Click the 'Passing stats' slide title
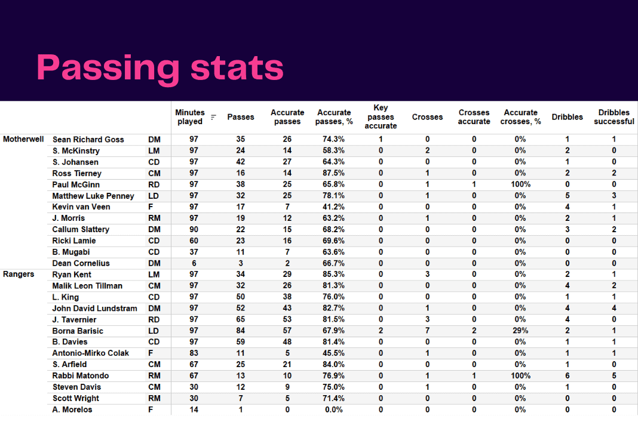click(160, 67)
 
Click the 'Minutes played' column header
click(189, 117)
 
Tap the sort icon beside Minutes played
click(213, 118)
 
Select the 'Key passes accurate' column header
click(381, 117)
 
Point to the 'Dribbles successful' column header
click(614, 117)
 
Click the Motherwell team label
click(23, 139)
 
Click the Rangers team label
click(19, 275)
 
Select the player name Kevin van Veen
click(81, 207)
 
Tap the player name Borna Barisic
click(78, 331)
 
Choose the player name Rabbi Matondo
click(81, 376)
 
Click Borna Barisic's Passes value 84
click(241, 331)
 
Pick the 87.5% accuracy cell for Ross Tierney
click(334, 173)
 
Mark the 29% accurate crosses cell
click(520, 331)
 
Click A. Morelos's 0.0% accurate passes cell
click(334, 409)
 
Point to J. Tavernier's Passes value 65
click(241, 319)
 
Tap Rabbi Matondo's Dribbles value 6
click(567, 376)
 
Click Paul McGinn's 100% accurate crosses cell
click(520, 184)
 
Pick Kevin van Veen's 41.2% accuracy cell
click(334, 207)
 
